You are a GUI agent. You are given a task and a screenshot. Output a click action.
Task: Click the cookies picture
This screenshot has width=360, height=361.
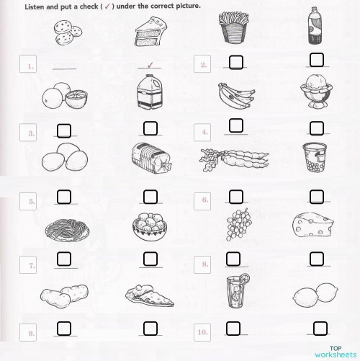tap(66, 31)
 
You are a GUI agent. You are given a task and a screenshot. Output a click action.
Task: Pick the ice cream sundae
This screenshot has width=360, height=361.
tap(314, 92)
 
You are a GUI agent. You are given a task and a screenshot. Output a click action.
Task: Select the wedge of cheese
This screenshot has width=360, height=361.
tap(315, 226)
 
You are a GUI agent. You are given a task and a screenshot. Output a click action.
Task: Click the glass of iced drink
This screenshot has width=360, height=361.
tap(235, 290)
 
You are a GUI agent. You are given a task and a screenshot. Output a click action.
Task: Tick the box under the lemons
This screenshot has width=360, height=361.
tap(315, 328)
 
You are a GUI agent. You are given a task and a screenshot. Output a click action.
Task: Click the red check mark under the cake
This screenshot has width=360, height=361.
tap(150, 64)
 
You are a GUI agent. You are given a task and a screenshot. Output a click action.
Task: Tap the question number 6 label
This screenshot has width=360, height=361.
tap(205, 201)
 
